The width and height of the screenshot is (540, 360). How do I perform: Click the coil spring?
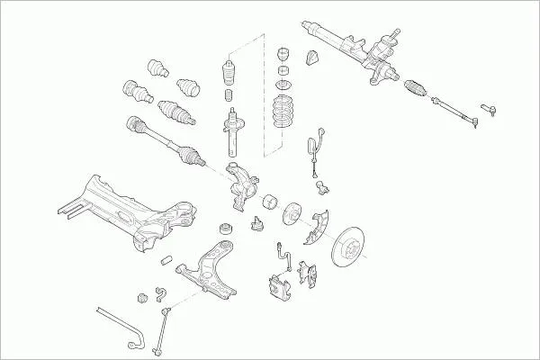tap(286, 113)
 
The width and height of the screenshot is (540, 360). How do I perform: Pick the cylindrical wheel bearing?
tap(267, 202)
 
